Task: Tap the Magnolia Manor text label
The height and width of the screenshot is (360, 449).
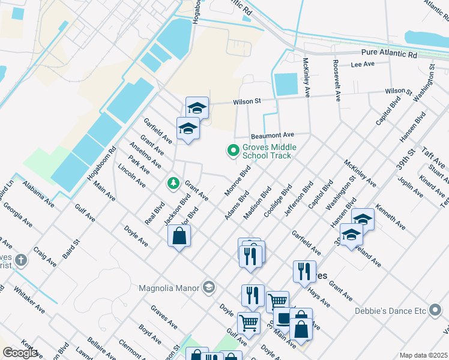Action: tap(169, 287)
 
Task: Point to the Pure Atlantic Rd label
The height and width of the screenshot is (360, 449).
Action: tap(388, 54)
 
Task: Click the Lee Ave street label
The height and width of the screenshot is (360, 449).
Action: tap(363, 64)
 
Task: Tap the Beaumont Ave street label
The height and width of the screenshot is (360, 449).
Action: tap(272, 135)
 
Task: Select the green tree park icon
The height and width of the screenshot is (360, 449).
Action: tap(173, 182)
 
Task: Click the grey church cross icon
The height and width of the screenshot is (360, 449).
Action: tap(22, 260)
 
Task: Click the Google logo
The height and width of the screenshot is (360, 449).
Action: tap(20, 353)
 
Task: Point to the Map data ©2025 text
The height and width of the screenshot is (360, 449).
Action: tap(423, 355)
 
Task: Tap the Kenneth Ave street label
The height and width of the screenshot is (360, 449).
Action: tap(390, 217)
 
